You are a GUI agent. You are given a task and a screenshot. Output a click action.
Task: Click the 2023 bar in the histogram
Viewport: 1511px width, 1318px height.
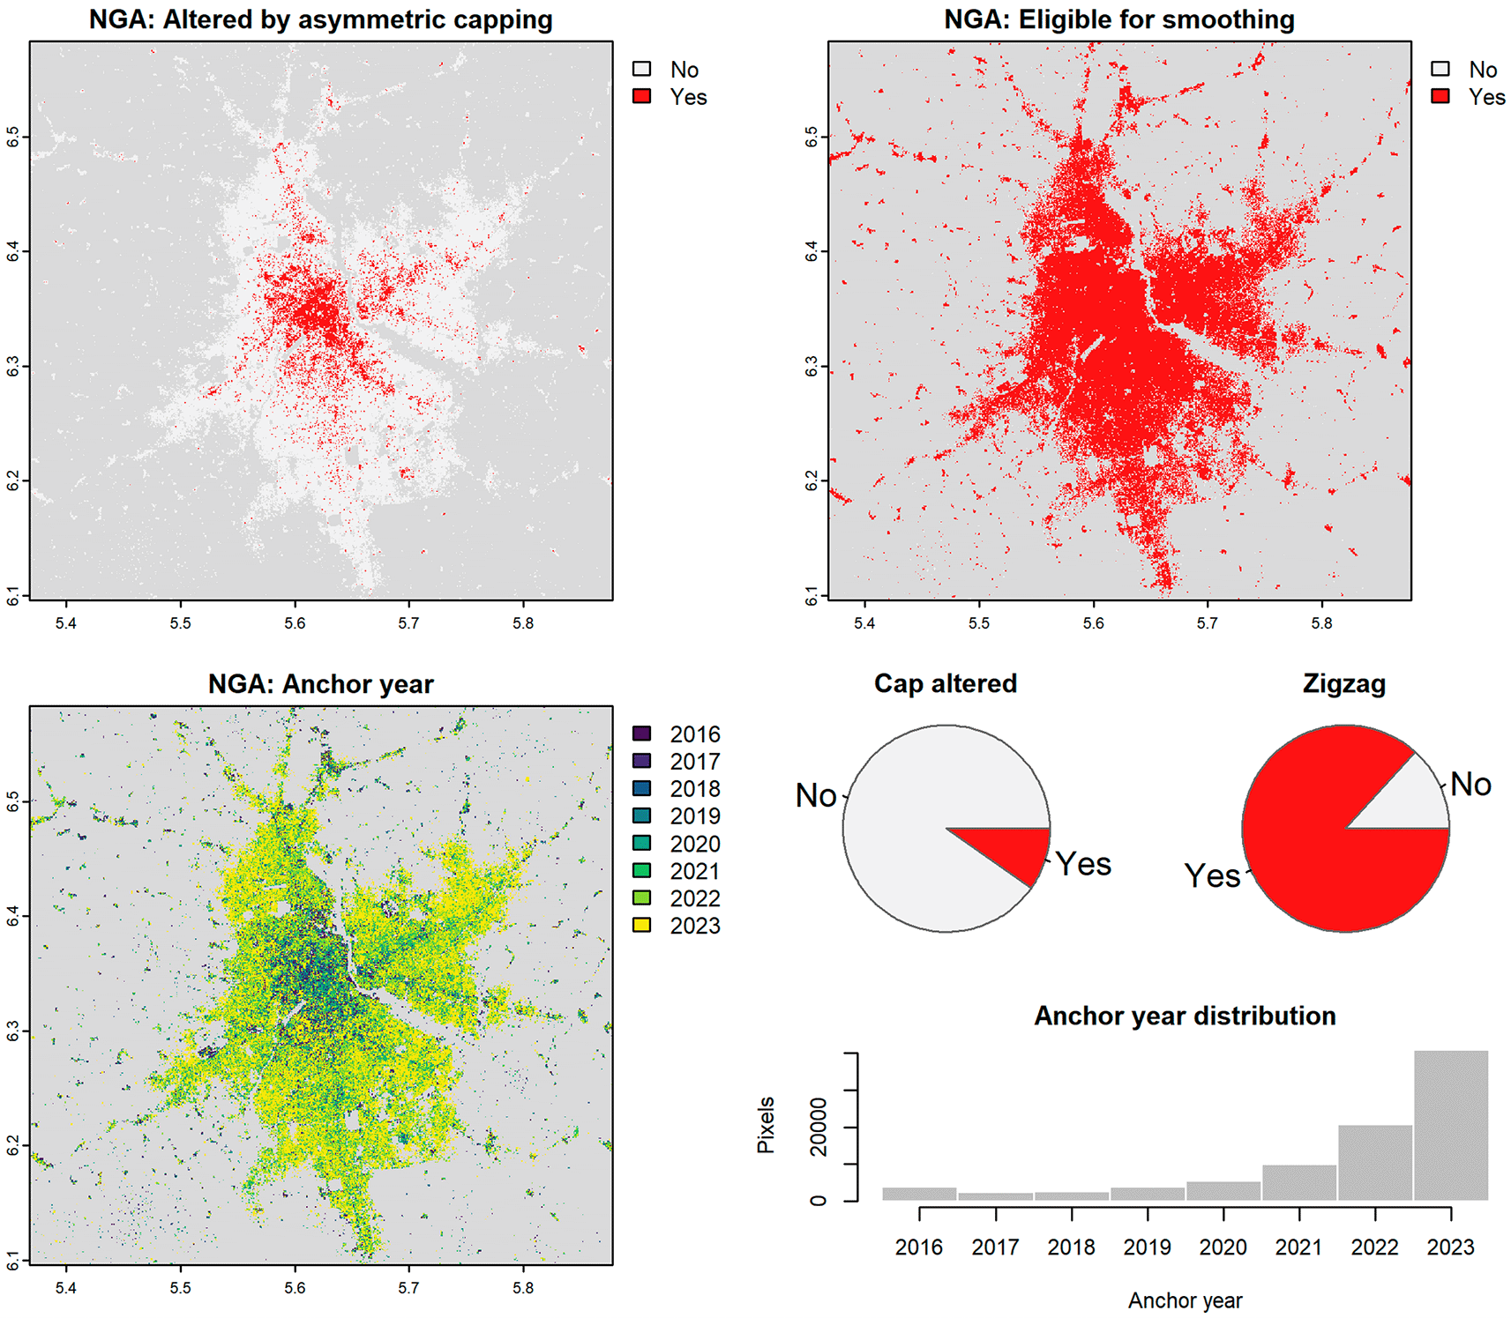pyautogui.click(x=1451, y=1125)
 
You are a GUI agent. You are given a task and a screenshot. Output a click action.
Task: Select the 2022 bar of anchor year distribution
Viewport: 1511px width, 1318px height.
pyautogui.click(x=1375, y=1163)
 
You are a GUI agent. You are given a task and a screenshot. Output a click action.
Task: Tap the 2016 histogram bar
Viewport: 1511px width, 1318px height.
pyautogui.click(x=919, y=1195)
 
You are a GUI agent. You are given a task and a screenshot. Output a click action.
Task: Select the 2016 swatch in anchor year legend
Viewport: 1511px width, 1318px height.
pyautogui.click(x=642, y=733)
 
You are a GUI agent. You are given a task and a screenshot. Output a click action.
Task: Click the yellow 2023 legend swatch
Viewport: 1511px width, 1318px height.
pyautogui.click(x=642, y=925)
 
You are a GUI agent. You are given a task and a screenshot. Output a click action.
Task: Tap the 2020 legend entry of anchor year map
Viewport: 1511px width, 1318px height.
pyautogui.click(x=677, y=844)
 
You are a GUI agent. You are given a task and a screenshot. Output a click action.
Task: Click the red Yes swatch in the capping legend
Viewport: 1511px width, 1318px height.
pyautogui.click(x=642, y=96)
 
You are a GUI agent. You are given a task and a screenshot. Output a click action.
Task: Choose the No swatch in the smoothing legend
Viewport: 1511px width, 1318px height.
pyautogui.click(x=1440, y=69)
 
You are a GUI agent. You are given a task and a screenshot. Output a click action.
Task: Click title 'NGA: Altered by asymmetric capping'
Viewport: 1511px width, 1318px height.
pyautogui.click(x=321, y=19)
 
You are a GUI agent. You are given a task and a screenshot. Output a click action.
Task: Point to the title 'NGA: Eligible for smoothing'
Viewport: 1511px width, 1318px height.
pyautogui.click(x=1119, y=19)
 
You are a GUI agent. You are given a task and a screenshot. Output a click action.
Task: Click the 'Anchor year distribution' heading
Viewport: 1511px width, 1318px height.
pyautogui.click(x=1185, y=1016)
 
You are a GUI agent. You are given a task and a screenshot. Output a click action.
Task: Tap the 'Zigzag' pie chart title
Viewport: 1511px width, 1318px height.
pyautogui.click(x=1344, y=683)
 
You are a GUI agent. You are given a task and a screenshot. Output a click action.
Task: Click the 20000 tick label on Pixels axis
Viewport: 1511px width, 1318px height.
pyautogui.click(x=819, y=1127)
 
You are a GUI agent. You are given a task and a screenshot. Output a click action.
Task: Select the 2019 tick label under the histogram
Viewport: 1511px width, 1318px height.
pyautogui.click(x=1148, y=1247)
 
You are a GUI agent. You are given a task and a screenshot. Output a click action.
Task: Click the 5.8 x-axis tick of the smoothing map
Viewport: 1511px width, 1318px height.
pyautogui.click(x=1321, y=623)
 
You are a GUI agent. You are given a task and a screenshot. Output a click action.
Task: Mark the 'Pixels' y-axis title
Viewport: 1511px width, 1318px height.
pyautogui.click(x=766, y=1126)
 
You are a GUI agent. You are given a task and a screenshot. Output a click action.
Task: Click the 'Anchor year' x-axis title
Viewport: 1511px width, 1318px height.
pyautogui.click(x=1185, y=1300)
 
